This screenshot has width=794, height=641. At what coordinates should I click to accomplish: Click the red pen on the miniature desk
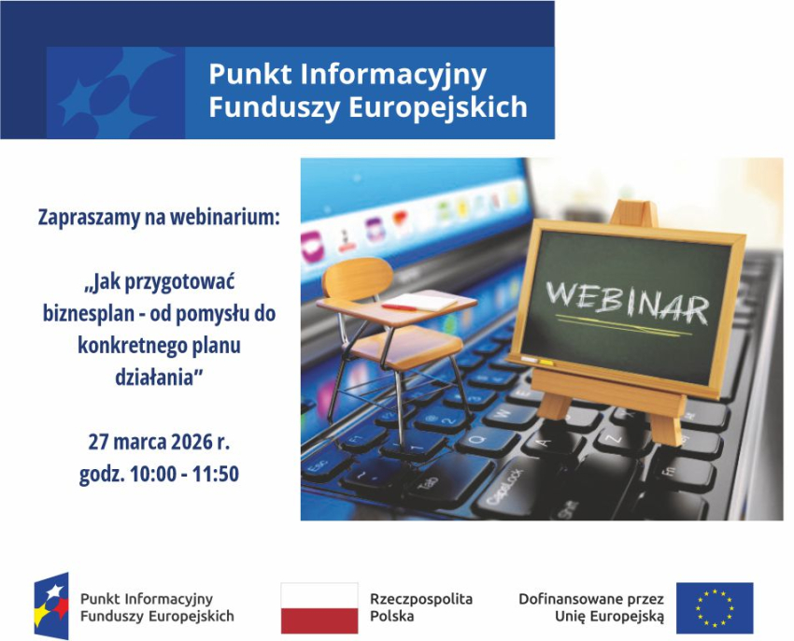(399, 306)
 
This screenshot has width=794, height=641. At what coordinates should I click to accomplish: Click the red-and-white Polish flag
(319, 608)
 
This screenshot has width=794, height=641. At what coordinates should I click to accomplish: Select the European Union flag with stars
(715, 608)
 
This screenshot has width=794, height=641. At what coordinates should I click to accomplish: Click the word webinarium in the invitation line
(226, 218)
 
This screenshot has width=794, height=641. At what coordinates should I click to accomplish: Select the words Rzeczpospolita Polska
(421, 607)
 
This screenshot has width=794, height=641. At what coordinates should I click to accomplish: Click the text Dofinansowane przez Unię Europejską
(591, 607)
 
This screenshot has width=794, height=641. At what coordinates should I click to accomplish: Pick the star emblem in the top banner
(112, 93)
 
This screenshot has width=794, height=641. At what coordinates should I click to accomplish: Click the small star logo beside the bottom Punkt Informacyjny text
(51, 606)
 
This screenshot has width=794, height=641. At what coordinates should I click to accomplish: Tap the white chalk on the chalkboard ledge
(530, 360)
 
